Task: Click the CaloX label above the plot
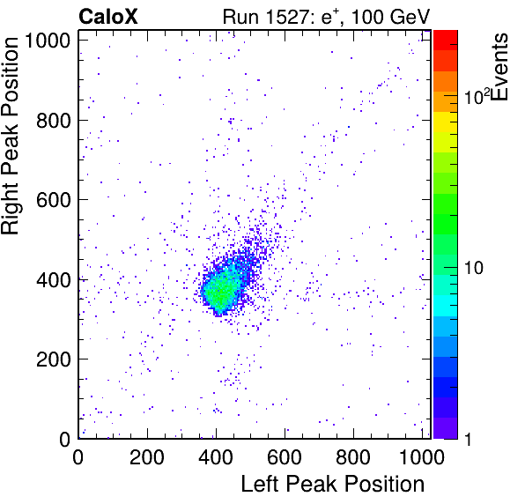coord(108,17)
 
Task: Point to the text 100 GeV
coord(390,17)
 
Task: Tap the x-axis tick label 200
coord(146,456)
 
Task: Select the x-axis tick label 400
coord(216,456)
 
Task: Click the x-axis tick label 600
coord(285,456)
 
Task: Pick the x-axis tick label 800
coord(353,456)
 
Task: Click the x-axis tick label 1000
coord(422,456)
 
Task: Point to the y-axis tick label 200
coord(54,359)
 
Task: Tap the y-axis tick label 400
coord(54,280)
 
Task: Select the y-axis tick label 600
coord(54,200)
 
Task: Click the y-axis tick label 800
coord(54,121)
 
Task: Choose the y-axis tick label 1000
coord(47,41)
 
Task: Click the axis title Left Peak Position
coord(333,485)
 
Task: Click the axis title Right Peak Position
coord(10,136)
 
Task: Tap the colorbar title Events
coord(499,67)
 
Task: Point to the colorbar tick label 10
coord(474,268)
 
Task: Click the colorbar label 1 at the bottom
coord(469,439)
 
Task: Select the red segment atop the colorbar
coord(446,41)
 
